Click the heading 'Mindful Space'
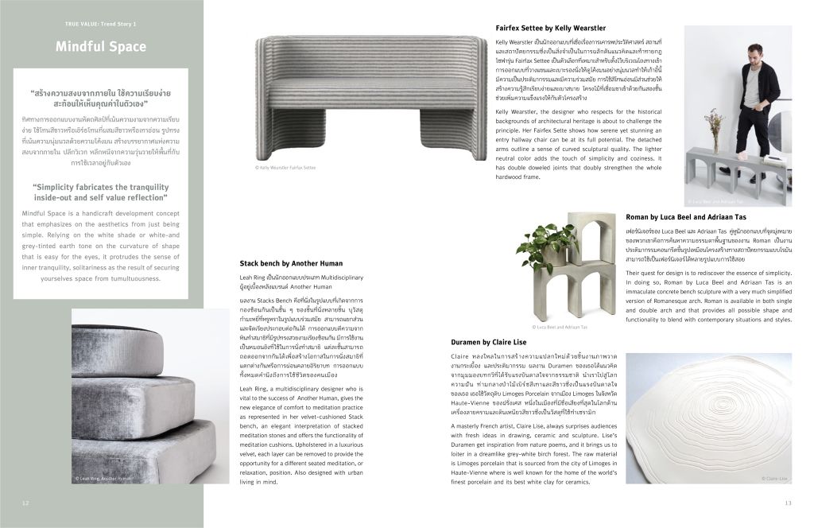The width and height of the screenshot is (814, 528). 101,46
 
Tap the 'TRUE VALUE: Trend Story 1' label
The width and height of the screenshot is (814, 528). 101,24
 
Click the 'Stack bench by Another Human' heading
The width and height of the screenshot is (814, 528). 291,263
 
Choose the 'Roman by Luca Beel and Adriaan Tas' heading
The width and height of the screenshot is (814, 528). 691,216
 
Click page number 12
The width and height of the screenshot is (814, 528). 25,503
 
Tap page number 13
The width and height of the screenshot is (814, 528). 788,503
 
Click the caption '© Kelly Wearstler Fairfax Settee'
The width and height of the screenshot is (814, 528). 285,168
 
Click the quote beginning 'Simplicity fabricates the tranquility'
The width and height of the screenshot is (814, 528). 100,192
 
